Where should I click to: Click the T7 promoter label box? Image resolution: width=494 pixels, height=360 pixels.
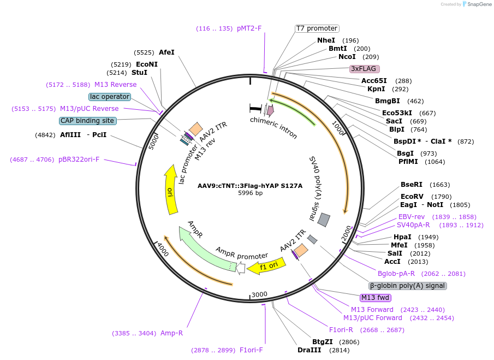tap(317, 28)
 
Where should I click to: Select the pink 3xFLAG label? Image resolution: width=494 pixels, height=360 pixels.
tap(364, 69)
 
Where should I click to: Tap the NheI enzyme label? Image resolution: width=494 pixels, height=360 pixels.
tap(326, 40)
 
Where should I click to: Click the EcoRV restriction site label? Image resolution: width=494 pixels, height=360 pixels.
tap(412, 197)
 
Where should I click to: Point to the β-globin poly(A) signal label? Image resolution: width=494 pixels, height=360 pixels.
tap(408, 286)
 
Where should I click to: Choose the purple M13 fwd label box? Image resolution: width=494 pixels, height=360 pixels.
tap(376, 298)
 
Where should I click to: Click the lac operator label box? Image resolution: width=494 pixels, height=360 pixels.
tap(110, 97)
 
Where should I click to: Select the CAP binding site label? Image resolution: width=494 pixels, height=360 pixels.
tap(87, 121)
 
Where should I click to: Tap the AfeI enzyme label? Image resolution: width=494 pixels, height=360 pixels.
tap(166, 52)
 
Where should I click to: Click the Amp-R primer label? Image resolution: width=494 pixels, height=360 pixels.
tap(171, 333)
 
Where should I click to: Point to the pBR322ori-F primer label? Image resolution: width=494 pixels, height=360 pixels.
tap(79, 160)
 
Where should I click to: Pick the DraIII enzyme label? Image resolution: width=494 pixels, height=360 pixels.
tap(308, 350)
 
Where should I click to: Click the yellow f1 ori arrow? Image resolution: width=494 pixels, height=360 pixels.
tap(266, 266)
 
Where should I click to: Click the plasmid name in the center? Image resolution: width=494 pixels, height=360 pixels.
tap(250, 186)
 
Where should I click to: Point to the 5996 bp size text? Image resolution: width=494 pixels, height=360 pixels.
tap(250, 193)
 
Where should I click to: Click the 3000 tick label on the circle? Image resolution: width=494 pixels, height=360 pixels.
tap(259, 295)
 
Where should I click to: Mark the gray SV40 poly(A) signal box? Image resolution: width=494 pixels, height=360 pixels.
tap(324, 220)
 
